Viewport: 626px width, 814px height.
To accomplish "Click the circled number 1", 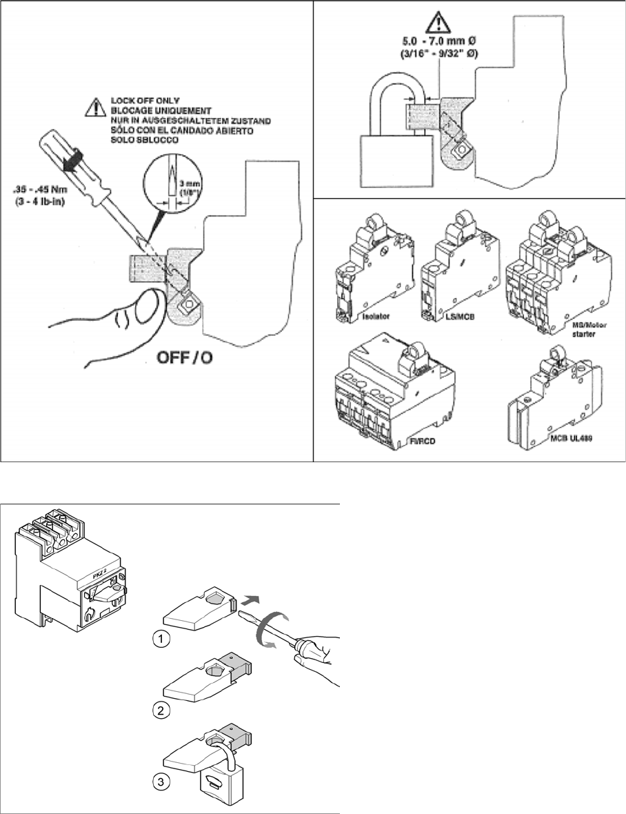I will [160, 639].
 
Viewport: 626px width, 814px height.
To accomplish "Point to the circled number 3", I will [160, 783].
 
